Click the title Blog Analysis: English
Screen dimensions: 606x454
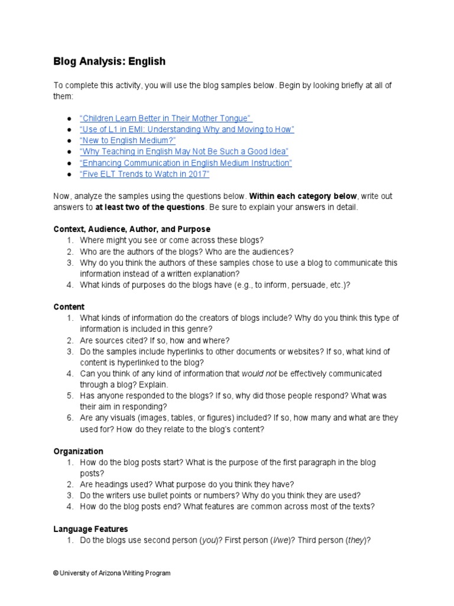click(x=109, y=62)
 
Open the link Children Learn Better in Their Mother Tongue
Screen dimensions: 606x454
click(x=166, y=118)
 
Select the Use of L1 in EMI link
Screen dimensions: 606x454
click(x=186, y=129)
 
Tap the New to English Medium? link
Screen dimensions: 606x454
click(x=127, y=140)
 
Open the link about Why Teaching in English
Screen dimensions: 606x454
click(x=183, y=151)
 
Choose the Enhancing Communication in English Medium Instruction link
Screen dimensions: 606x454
click(x=185, y=163)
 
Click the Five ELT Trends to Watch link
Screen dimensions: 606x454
click(x=144, y=174)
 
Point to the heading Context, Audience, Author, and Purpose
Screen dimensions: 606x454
click(x=132, y=229)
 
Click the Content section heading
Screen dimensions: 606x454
click(x=69, y=307)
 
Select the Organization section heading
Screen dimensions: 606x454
click(x=79, y=451)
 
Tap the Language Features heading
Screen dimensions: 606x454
click(x=90, y=529)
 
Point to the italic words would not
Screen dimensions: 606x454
click(x=255, y=374)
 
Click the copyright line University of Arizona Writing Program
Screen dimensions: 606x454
click(x=112, y=573)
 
